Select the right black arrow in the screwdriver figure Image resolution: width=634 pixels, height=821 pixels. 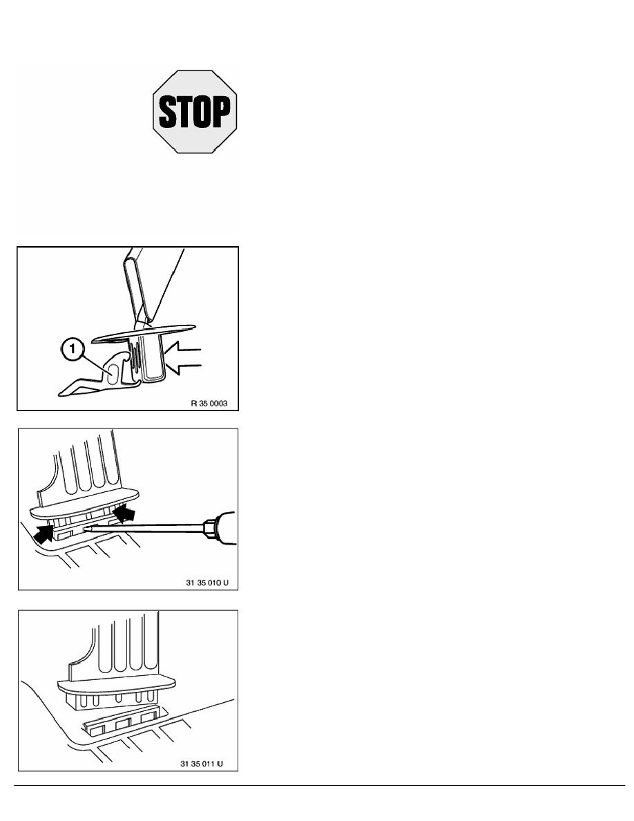[x=124, y=513]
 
